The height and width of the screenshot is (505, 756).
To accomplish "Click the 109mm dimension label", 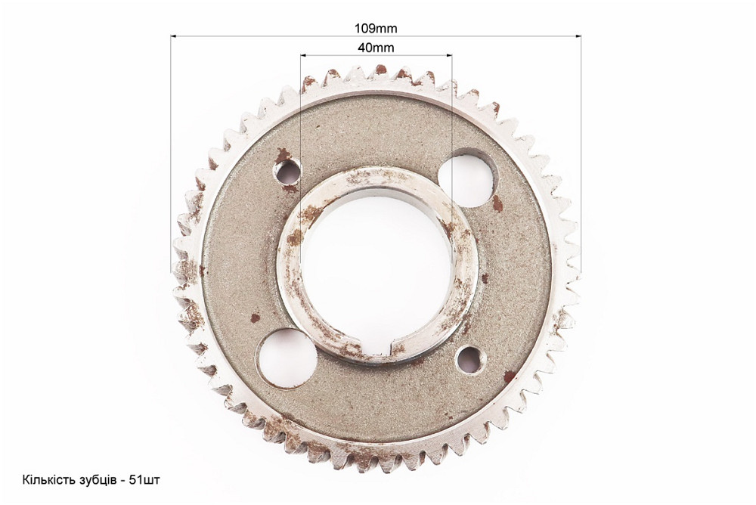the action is [x=376, y=29].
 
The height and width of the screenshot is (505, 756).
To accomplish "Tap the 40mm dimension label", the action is [x=376, y=48].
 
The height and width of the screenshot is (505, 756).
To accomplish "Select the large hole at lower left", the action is [x=287, y=358].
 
